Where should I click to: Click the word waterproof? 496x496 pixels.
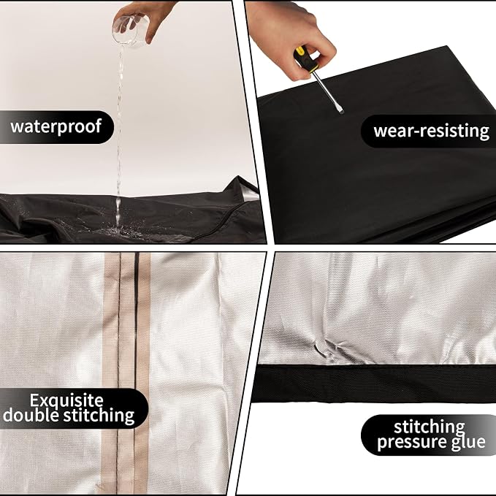click(x=56, y=126)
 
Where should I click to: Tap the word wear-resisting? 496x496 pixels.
click(x=431, y=131)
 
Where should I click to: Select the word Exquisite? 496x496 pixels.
click(x=66, y=401)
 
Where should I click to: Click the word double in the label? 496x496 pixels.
click(x=31, y=416)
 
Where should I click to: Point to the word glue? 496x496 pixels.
click(x=467, y=442)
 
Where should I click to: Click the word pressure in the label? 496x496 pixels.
click(x=410, y=442)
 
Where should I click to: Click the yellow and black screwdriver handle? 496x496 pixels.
click(x=305, y=59)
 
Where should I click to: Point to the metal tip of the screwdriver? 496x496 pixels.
click(x=340, y=110)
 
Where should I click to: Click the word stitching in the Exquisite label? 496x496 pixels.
click(x=99, y=416)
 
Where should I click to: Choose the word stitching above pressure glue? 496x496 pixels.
click(x=429, y=427)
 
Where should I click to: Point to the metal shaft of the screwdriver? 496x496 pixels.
click(x=326, y=89)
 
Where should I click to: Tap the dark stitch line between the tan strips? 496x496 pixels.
click(x=120, y=373)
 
